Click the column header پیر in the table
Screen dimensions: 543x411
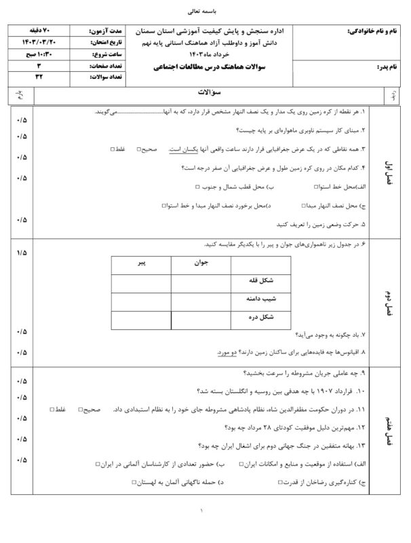[x=140, y=261]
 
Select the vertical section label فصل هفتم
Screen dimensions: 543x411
[x=388, y=429]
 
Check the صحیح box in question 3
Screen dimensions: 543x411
[x=138, y=149]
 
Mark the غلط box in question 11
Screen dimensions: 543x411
[x=54, y=409]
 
